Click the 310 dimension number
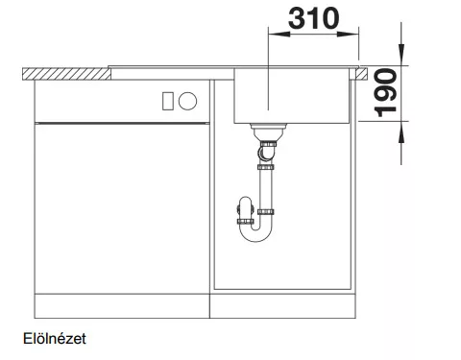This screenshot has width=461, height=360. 313,19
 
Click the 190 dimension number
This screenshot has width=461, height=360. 386,93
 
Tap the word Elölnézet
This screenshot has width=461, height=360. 55,339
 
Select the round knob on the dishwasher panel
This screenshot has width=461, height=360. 187,101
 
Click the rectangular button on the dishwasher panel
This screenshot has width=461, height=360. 168,101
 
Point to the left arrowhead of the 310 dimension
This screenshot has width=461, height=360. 279,34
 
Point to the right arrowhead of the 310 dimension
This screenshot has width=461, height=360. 348,34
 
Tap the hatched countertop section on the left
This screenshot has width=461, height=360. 66,74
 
